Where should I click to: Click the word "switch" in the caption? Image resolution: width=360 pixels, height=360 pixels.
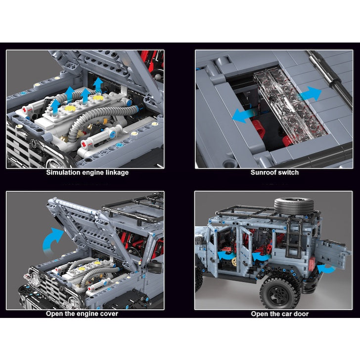pyautogui.click(x=288, y=173)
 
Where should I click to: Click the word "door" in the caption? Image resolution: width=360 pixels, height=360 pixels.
pyautogui.click(x=300, y=314)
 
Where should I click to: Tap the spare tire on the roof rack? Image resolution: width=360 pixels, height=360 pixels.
pyautogui.click(x=294, y=206)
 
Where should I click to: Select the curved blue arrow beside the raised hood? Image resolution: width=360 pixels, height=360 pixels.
pyautogui.click(x=51, y=241)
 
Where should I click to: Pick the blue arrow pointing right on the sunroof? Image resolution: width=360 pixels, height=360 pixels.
pyautogui.click(x=310, y=94)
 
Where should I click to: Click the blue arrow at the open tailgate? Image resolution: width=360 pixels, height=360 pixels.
pyautogui.click(x=327, y=269)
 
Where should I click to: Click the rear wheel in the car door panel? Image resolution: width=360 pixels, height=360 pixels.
pyautogui.click(x=280, y=293)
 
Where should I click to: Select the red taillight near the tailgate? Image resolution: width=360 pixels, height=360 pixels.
pyautogui.click(x=313, y=264)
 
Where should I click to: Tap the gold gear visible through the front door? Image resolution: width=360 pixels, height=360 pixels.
pyautogui.click(x=234, y=262)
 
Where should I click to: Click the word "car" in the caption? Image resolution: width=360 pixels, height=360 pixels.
pyautogui.click(x=284, y=314)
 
